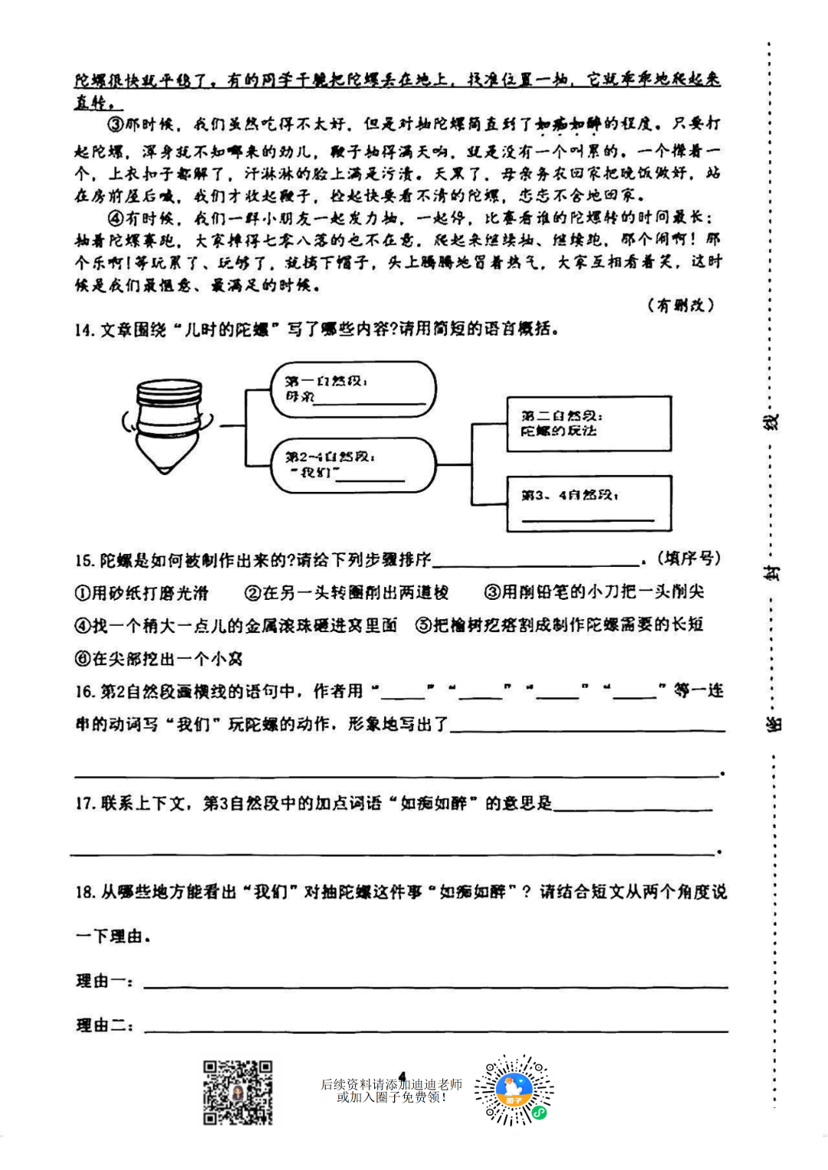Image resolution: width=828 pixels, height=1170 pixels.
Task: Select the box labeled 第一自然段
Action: pos(353,390)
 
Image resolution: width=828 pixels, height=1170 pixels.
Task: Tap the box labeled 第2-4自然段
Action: pos(353,465)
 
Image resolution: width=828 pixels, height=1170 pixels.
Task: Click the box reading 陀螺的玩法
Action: pos(588,424)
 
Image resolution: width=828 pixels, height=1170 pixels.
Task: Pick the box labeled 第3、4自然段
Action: pos(588,503)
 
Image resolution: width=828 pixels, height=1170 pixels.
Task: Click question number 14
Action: pos(84,330)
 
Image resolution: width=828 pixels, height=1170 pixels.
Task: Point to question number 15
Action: pos(84,561)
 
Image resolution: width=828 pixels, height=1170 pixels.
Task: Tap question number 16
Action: pos(84,692)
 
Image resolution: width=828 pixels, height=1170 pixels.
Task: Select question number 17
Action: pos(84,804)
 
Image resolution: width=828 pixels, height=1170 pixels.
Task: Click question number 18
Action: pos(84,892)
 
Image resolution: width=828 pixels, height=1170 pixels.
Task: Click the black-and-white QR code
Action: pos(238,1093)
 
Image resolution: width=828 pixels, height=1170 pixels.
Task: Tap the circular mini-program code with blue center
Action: pos(514,1090)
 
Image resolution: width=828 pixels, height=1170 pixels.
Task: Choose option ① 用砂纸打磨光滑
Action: pos(142,593)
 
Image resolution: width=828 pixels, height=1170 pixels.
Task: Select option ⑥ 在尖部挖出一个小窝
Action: pos(159,658)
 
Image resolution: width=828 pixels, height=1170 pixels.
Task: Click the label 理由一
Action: pos(105,982)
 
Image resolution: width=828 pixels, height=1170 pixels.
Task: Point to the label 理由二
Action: pos(105,1026)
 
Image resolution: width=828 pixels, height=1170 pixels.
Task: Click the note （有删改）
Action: pos(681,305)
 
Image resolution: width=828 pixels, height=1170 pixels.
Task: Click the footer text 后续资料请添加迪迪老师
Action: pos(391,1084)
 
